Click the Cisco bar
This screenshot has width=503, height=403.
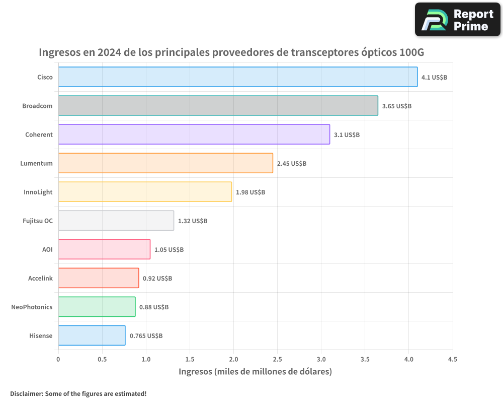tap(237, 77)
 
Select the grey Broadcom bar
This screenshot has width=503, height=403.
tap(218, 106)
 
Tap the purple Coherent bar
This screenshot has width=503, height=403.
tap(194, 135)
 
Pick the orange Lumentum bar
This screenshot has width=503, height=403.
tap(165, 163)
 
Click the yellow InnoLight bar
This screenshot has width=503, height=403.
tap(145, 192)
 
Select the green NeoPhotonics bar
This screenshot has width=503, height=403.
tap(97, 307)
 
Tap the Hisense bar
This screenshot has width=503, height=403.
tap(92, 335)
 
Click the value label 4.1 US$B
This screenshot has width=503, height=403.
tap(434, 78)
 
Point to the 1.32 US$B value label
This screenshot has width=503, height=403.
tap(193, 221)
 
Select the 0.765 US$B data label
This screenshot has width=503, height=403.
tap(146, 336)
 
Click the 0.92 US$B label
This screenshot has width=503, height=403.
tap(157, 279)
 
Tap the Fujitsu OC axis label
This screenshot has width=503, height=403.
tap(38, 221)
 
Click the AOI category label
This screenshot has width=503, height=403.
tap(47, 249)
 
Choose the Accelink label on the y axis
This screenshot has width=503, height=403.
tap(40, 278)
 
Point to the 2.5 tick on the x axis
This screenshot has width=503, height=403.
tap(277, 360)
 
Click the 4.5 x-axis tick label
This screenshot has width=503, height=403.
tap(452, 360)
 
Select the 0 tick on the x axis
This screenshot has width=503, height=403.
tap(58, 360)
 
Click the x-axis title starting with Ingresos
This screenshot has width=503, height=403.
tap(255, 372)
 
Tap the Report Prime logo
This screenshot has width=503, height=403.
tap(457, 20)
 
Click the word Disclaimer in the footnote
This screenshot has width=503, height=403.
tap(26, 393)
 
